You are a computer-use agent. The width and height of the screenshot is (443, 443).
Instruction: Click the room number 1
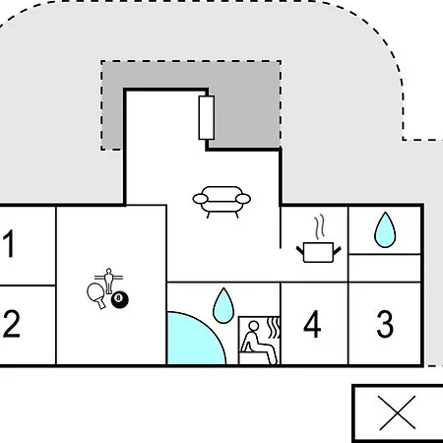click(9, 243)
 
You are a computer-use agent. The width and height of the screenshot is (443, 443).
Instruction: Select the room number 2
click(12, 324)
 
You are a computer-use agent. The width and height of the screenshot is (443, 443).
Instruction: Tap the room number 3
click(385, 324)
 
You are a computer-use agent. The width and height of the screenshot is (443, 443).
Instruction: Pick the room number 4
click(312, 324)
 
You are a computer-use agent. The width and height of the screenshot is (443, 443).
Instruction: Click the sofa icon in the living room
click(221, 202)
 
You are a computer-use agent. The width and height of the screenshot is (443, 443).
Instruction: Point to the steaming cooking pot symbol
click(319, 239)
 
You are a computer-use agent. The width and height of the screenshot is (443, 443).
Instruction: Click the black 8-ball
click(120, 299)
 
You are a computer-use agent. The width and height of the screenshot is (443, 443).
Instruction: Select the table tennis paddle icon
click(96, 294)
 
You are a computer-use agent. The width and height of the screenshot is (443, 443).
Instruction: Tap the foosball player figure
click(108, 281)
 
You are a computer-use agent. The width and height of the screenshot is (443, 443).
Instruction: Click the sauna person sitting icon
click(259, 343)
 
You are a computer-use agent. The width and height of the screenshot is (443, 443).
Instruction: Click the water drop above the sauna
click(223, 305)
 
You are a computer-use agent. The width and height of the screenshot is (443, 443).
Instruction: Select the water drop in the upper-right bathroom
click(385, 229)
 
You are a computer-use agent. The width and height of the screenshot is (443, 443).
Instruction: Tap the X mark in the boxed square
click(398, 412)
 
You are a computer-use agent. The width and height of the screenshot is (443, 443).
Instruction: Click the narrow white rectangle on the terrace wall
click(207, 117)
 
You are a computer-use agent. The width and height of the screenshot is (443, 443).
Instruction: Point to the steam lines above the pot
click(320, 226)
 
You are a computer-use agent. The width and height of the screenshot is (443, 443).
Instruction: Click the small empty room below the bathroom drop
click(385, 268)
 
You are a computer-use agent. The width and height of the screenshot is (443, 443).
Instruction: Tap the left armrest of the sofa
click(200, 199)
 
